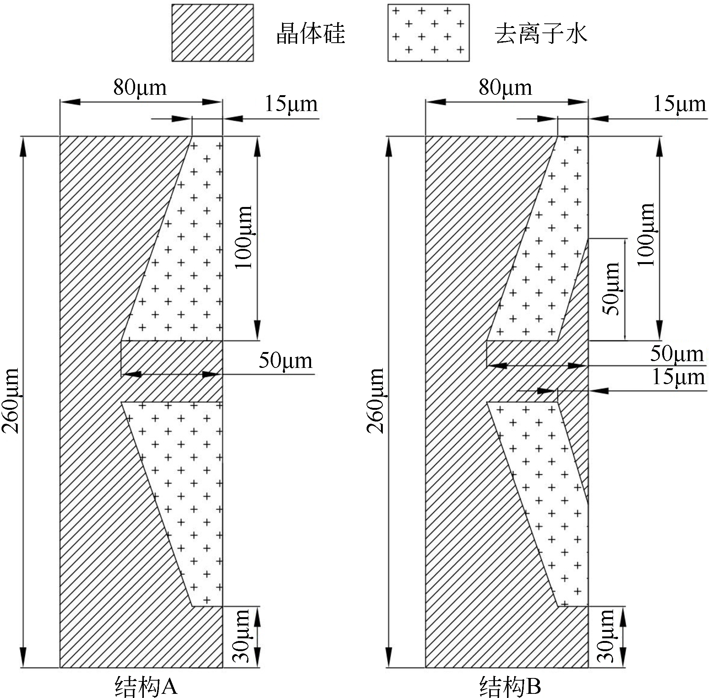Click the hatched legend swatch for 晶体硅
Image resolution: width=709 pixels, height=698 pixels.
click(213, 32)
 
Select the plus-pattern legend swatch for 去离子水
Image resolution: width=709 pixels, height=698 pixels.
click(428, 32)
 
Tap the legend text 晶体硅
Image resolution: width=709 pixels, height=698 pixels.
click(310, 33)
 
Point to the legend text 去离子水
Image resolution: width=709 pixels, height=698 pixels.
click(541, 33)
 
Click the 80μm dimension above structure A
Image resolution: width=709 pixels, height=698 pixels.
click(140, 88)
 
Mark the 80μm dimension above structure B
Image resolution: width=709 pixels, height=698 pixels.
click(506, 88)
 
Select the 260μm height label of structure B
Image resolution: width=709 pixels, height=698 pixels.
click(376, 400)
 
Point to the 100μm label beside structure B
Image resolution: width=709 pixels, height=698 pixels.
click(646, 234)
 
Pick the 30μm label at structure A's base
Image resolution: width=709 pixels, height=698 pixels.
click(241, 636)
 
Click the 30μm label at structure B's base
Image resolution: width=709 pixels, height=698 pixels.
click(606, 636)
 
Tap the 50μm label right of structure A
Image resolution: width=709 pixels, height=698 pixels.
click(285, 361)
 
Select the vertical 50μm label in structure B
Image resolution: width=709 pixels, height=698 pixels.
click(611, 289)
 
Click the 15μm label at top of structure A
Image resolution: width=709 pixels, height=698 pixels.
click(291, 104)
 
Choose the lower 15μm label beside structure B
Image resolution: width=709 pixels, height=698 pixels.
click(678, 377)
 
